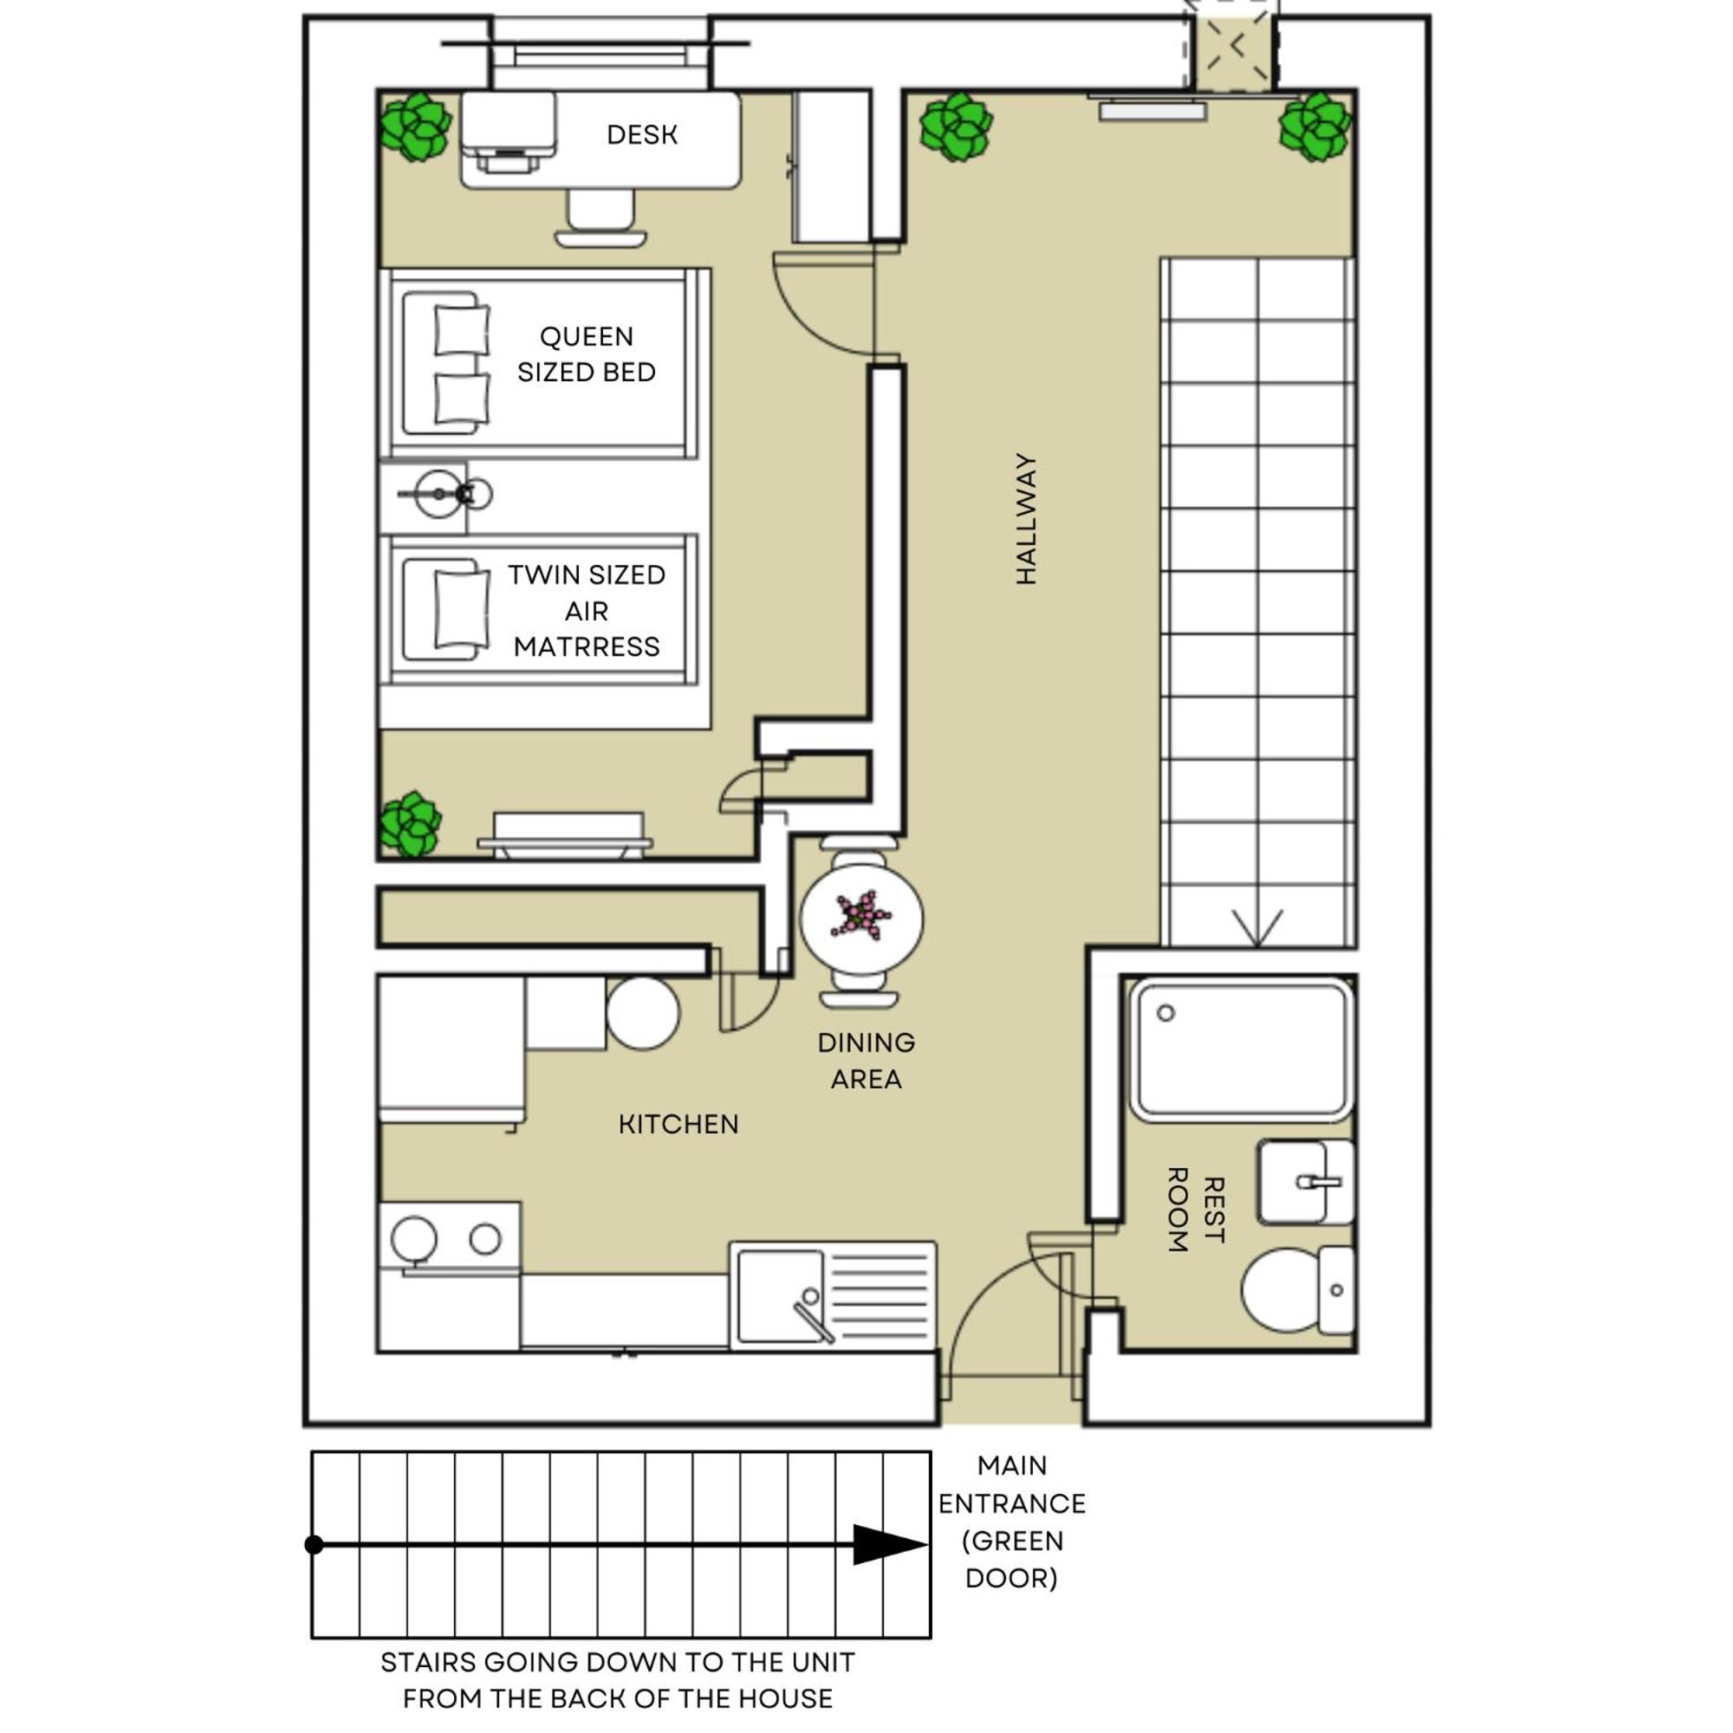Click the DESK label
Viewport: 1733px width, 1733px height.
pos(641,134)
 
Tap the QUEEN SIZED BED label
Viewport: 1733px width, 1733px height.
pos(587,354)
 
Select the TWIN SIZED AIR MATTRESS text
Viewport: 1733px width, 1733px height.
pos(587,610)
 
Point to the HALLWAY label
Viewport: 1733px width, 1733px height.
pos(1025,518)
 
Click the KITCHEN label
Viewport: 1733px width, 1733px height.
pos(678,1124)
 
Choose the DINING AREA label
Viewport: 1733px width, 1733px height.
pos(866,1061)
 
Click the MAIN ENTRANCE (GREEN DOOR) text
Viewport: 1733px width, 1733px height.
pos(1012,1522)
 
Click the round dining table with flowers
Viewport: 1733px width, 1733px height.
pos(861,918)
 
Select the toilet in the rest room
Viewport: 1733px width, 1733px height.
pos(1297,1289)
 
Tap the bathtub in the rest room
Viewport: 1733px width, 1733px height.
pos(1242,1049)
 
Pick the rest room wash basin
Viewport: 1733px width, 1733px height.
pos(1306,1182)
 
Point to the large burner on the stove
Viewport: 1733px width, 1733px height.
pos(413,1240)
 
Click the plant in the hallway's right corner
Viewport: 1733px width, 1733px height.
pos(1315,127)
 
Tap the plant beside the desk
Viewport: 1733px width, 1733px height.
pos(414,127)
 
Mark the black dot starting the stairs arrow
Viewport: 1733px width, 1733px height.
pos(314,1545)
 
